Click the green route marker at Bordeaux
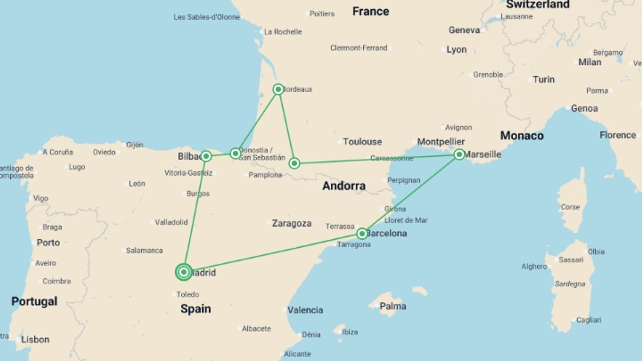pos(278,89)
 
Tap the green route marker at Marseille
pos(459,154)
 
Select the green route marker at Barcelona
pos(362,234)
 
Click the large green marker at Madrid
pos(184,272)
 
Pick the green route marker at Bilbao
pos(206,156)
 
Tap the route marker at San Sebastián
pos(235,153)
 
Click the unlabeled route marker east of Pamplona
pos(294,163)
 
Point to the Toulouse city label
pos(362,142)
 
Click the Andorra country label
pos(344,186)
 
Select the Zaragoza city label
pos(292,223)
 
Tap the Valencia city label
pos(305,310)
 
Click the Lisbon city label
pos(35,340)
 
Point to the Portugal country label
pos(34,302)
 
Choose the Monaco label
pos(522,136)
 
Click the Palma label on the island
pos(393,306)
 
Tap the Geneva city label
pos(464,30)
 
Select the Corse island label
pos(570,207)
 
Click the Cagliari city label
pos(588,320)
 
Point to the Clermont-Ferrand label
pos(358,48)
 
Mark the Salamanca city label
pos(144,251)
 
